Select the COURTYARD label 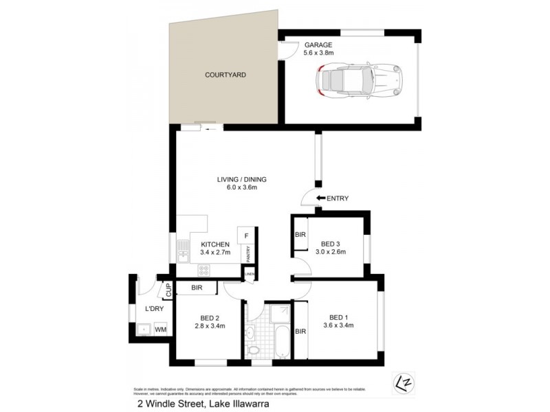coord(225,74)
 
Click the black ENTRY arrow coord(320,198)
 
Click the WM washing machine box coord(159,330)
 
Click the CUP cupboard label coord(167,290)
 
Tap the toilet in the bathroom coord(254,350)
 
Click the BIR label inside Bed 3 coord(300,235)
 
